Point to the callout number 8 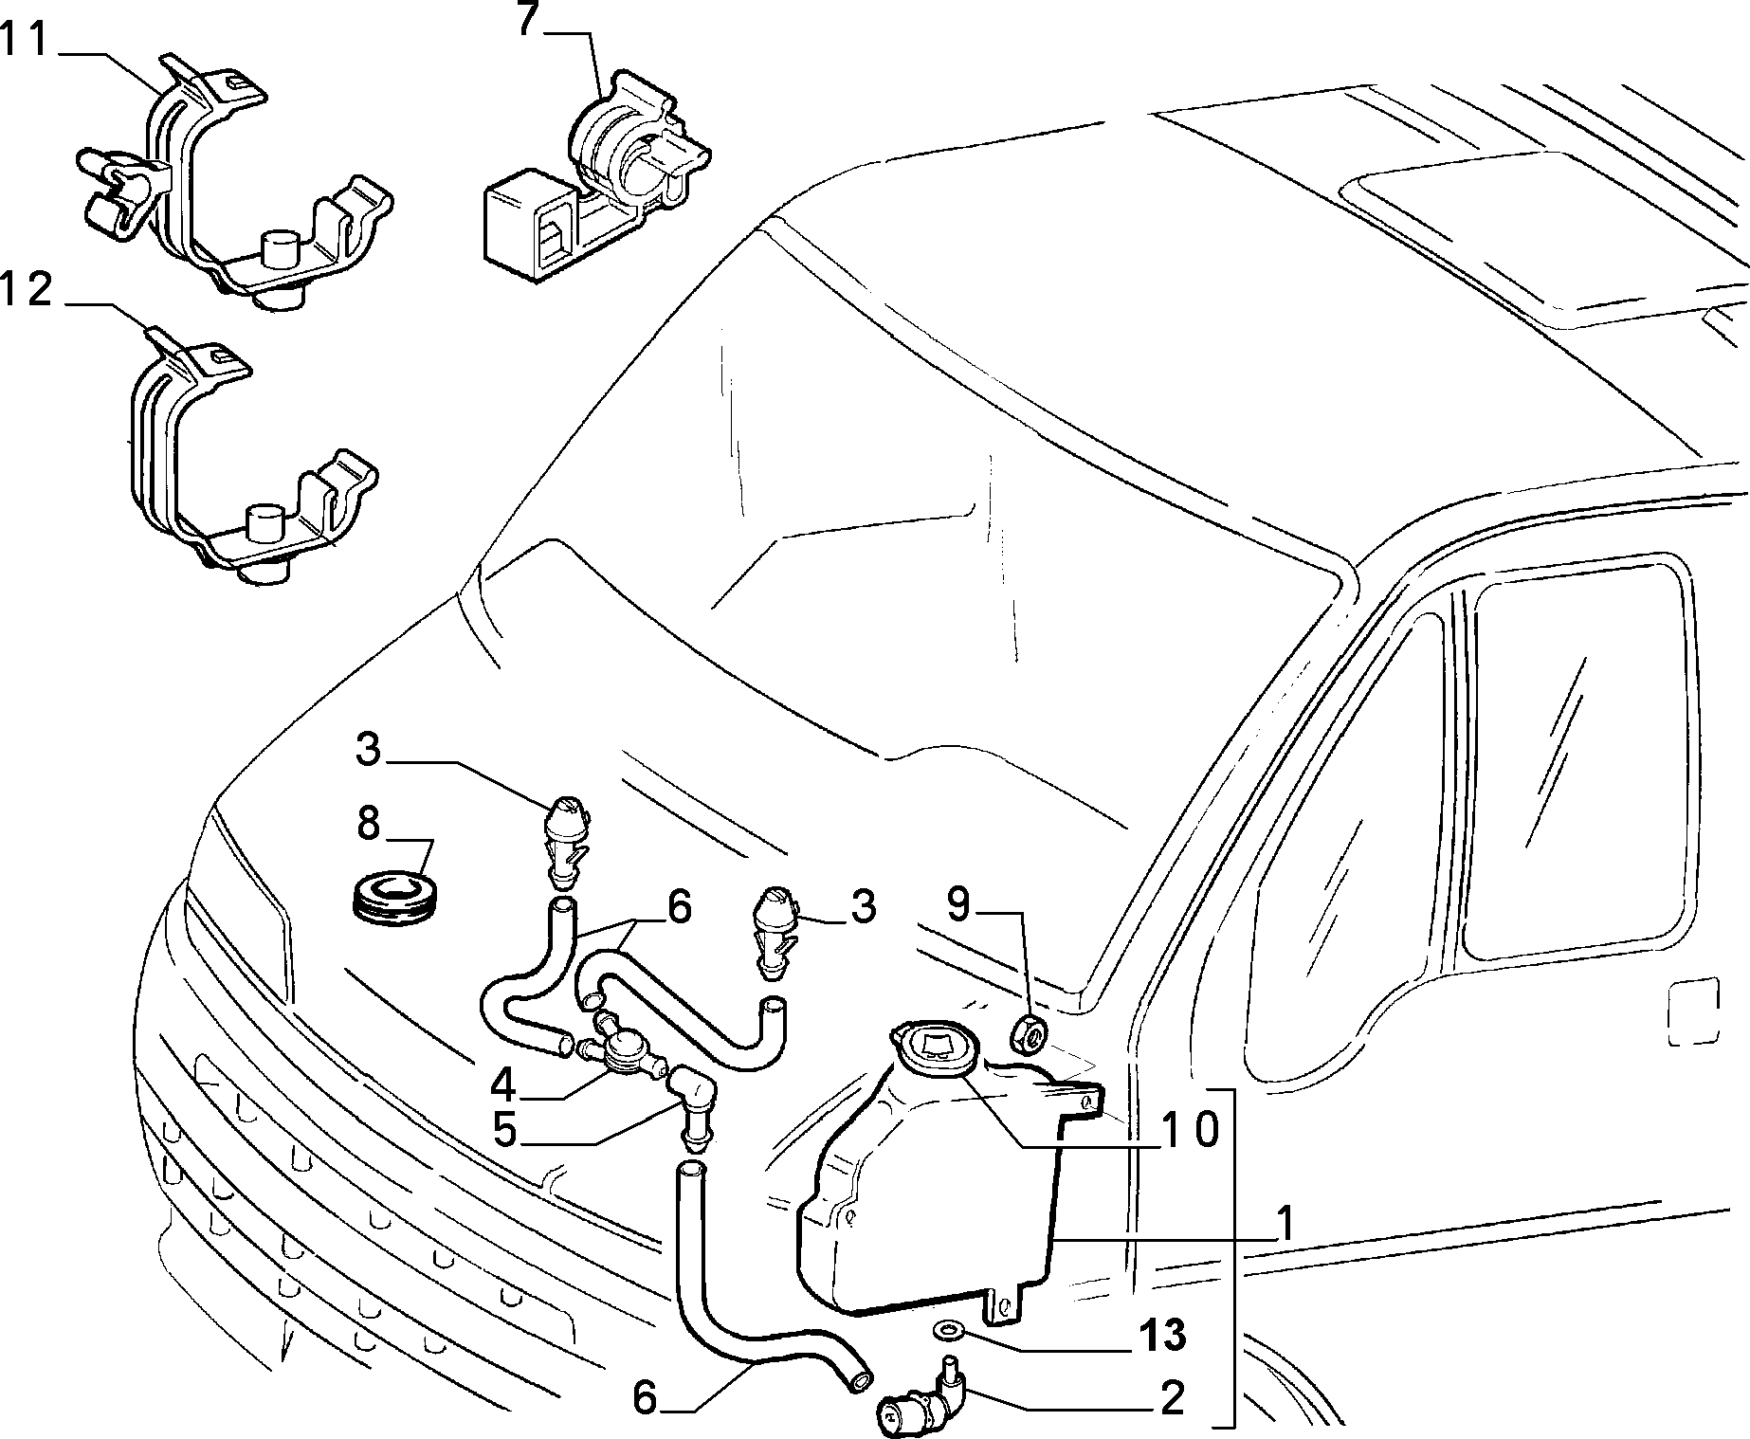click(369, 824)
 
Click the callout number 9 click(959, 904)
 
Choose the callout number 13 click(1163, 1336)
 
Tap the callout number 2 click(1173, 1398)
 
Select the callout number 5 click(504, 1129)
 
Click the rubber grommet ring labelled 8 click(393, 897)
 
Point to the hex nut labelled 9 click(1029, 1034)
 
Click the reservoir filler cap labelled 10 click(930, 1048)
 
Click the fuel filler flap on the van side click(1692, 1011)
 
